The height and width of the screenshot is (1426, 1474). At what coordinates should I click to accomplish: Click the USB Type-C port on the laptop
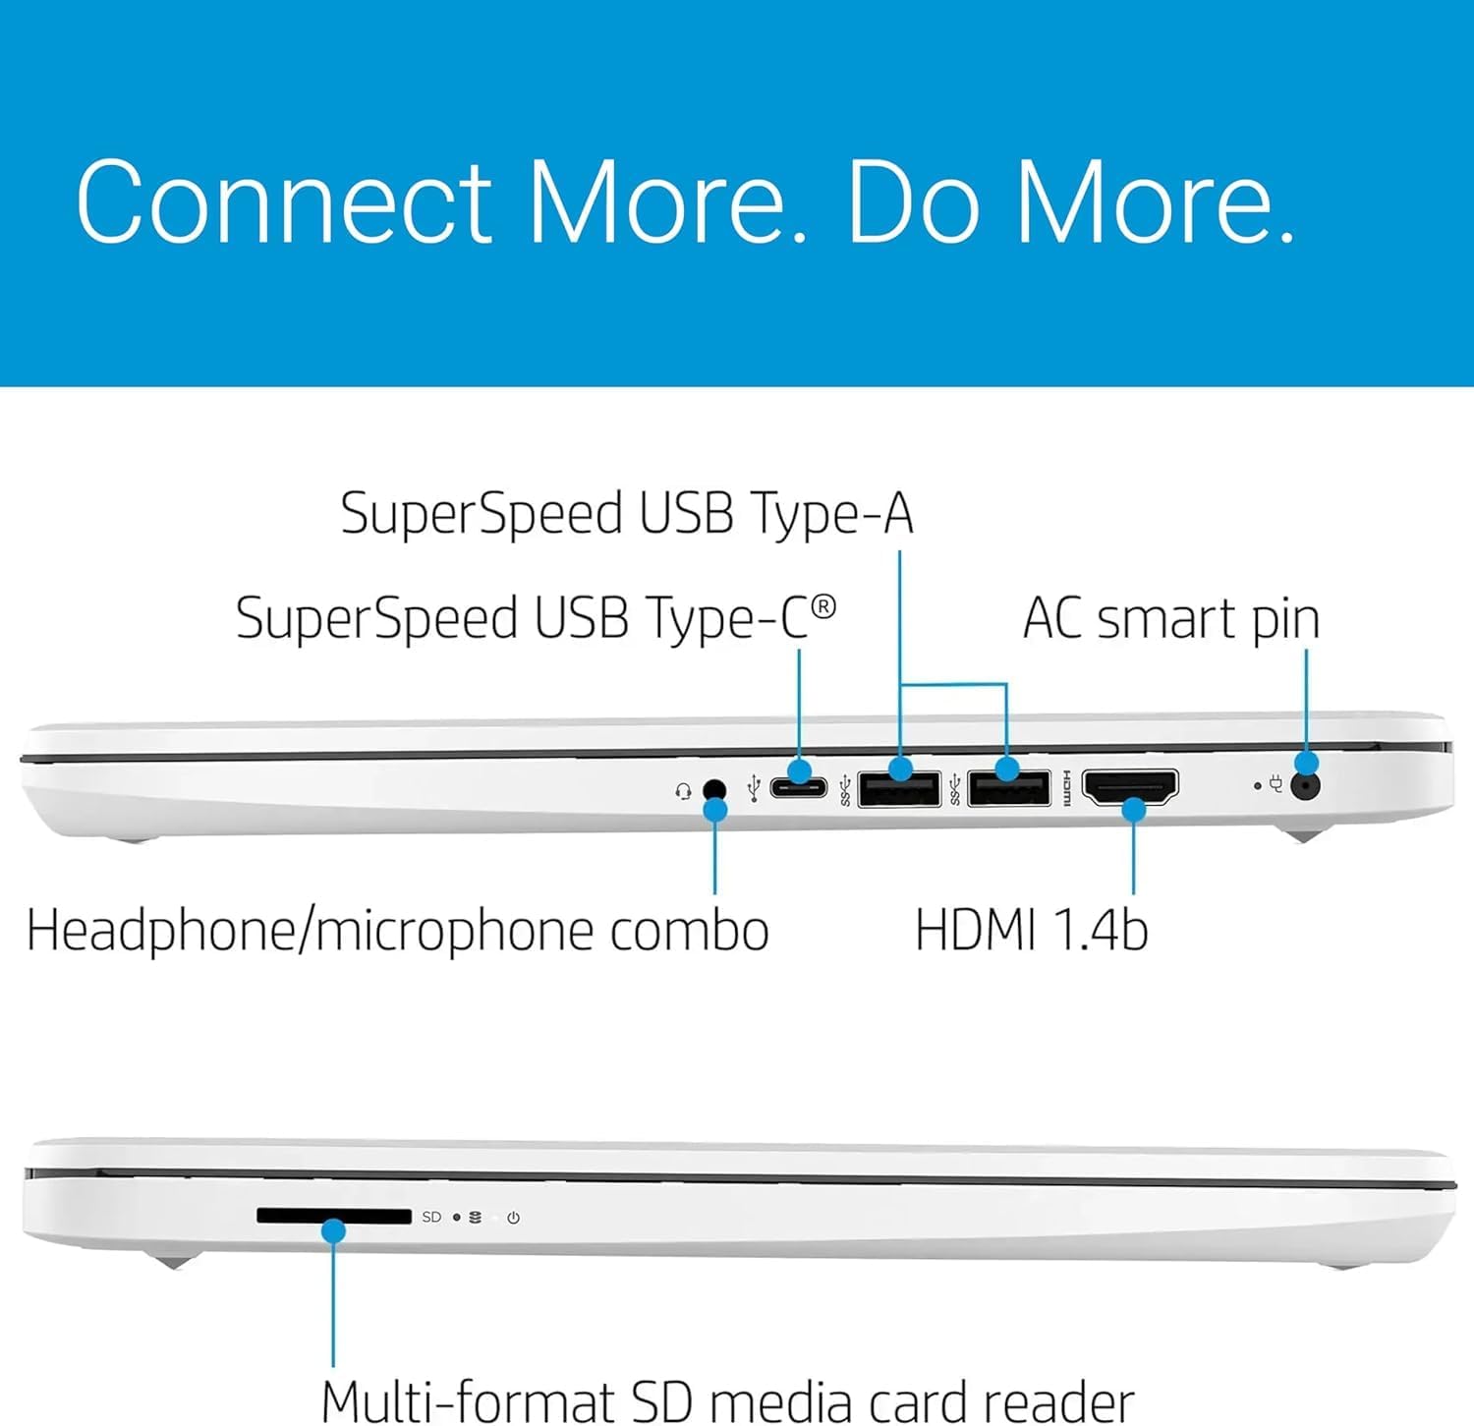tap(798, 787)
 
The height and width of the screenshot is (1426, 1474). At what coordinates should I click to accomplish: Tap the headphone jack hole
tap(714, 789)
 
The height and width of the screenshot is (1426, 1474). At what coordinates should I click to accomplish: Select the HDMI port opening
tap(1130, 786)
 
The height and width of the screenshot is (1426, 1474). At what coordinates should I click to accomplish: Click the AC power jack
tap(1305, 785)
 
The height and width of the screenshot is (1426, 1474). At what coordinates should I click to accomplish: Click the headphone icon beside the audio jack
tap(684, 791)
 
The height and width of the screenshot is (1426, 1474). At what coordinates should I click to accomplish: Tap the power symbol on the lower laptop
tap(513, 1218)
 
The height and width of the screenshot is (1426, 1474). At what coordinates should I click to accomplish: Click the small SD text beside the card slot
tap(431, 1217)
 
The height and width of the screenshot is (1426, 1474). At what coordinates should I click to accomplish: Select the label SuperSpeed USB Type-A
tap(627, 513)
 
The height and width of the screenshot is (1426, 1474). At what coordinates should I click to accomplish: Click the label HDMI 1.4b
tap(1031, 930)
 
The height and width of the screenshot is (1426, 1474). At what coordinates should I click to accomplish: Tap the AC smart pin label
tap(1170, 618)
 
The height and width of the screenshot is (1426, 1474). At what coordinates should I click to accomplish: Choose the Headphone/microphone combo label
tap(397, 931)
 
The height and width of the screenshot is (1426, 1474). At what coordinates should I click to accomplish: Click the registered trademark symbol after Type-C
tap(823, 606)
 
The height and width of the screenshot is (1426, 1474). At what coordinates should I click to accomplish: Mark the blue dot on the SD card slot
tap(333, 1230)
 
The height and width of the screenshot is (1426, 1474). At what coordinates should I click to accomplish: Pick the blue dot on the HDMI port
tap(1134, 810)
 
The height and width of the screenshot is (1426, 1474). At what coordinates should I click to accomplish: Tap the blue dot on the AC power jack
tap(1306, 763)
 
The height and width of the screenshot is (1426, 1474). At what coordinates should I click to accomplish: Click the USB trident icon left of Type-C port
tap(754, 788)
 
